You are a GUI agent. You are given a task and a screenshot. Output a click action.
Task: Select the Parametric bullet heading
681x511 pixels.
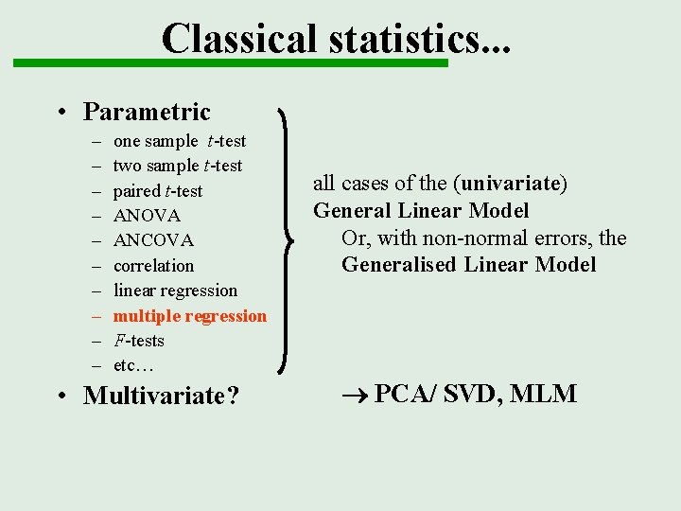pos(147,112)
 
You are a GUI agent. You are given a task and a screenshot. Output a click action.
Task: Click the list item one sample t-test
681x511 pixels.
pos(179,141)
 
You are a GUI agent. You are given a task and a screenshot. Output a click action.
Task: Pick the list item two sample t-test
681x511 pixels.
pos(177,166)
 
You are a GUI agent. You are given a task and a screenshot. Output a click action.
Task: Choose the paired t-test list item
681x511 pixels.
pos(157,191)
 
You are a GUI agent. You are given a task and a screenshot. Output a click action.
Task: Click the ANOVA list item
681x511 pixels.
pos(147,216)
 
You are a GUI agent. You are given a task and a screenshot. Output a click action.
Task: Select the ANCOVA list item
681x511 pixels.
pos(153,240)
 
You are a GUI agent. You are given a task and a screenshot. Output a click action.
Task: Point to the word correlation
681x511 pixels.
pos(153,266)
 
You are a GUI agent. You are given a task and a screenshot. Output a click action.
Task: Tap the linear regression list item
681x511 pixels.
pos(175,291)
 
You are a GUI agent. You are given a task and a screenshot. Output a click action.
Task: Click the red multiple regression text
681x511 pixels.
pos(189,316)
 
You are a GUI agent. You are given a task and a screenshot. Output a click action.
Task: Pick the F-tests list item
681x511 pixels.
pos(138,341)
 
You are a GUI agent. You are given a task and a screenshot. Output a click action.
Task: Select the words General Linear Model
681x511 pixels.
pos(421,210)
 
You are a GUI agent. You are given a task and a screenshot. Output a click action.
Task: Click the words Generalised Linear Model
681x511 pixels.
pos(468,265)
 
